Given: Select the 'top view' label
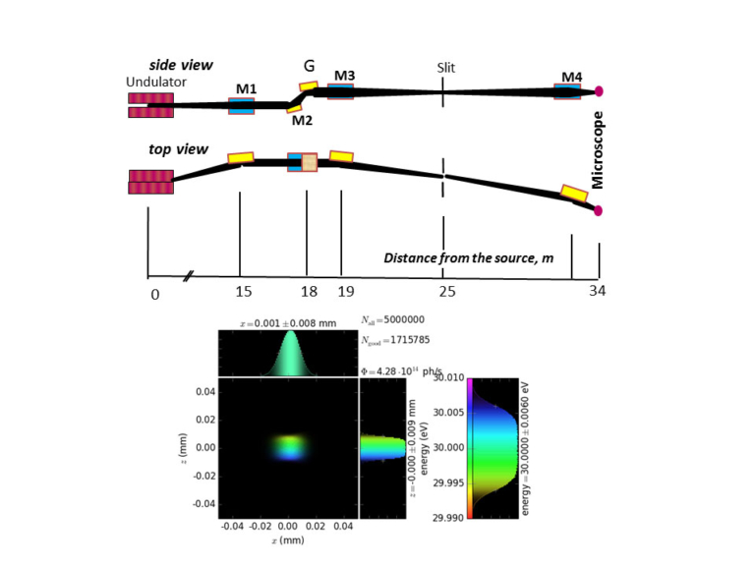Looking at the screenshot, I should tap(177, 149).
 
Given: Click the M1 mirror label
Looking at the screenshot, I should tap(246, 89).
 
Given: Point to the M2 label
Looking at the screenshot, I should tap(302, 121).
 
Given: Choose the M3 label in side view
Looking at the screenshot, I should tap(345, 75).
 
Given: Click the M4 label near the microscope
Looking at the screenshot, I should tap(572, 77).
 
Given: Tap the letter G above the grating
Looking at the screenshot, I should tap(309, 67).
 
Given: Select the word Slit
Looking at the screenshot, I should tap(448, 69).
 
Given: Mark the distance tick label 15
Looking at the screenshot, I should tap(244, 291).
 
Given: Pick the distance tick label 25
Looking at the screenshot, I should tap(448, 291).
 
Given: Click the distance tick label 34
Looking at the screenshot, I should tap(597, 291).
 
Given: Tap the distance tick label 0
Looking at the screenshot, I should tap(153, 293).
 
